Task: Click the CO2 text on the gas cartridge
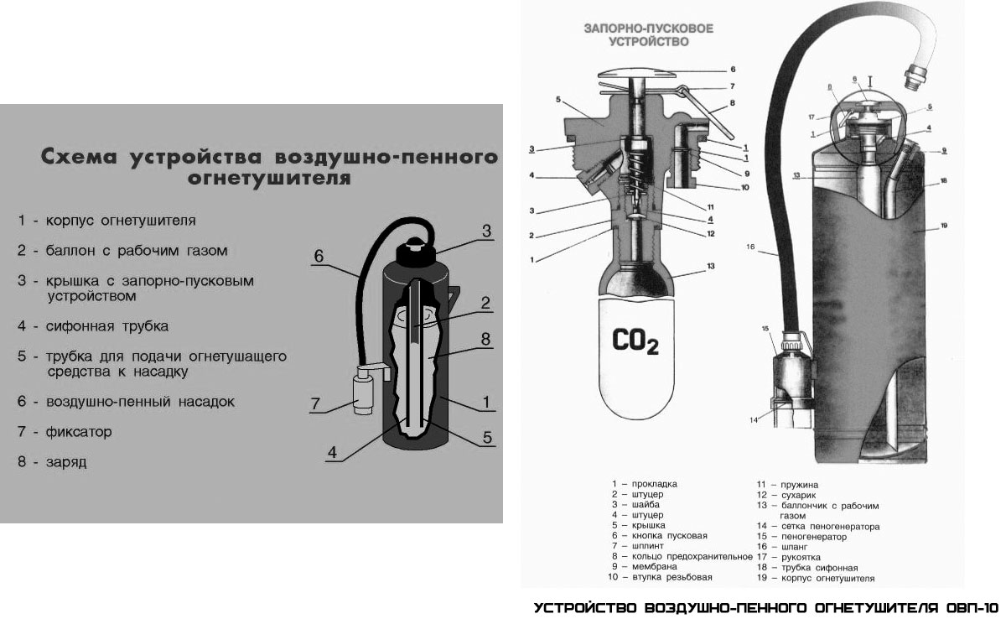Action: click(635, 341)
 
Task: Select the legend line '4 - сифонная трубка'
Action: click(93, 325)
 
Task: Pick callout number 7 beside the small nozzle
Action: click(316, 404)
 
